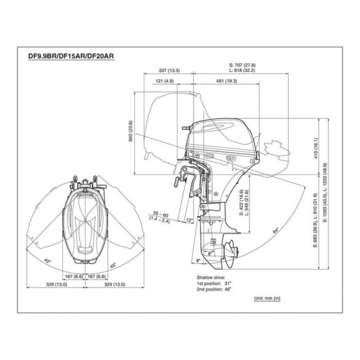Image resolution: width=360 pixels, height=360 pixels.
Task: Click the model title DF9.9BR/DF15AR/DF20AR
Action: pos(71,56)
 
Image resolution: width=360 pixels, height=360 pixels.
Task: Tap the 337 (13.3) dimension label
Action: pos(169,70)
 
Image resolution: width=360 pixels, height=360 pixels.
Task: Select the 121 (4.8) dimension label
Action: pos(165,81)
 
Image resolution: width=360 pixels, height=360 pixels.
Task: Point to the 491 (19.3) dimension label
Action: pos(227,81)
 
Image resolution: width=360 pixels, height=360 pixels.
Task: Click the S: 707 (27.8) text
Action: pos(242,65)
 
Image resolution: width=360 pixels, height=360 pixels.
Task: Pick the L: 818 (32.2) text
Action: pos(242,70)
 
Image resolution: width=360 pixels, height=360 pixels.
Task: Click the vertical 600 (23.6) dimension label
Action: pos(131,131)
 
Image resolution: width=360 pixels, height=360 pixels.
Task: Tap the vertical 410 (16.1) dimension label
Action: pos(316,148)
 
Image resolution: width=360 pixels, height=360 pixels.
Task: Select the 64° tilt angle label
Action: pos(276,230)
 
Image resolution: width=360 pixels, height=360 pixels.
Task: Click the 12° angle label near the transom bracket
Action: pos(190,220)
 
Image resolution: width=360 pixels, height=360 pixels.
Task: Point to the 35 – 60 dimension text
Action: pos(160,215)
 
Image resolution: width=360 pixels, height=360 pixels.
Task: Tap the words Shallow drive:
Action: pos(211,278)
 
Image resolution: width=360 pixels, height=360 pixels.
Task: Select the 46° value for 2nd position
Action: pos(228,289)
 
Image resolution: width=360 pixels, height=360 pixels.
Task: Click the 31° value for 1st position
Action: pos(228,283)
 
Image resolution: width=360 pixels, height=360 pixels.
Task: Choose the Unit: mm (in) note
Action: pos(267,298)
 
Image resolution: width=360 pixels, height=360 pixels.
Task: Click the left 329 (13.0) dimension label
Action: pos(57,284)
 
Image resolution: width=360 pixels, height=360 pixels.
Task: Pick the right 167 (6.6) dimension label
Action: pos(97,277)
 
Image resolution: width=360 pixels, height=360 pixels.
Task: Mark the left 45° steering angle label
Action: pos(47,261)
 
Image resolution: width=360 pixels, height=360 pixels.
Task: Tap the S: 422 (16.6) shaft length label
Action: pos(241,202)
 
